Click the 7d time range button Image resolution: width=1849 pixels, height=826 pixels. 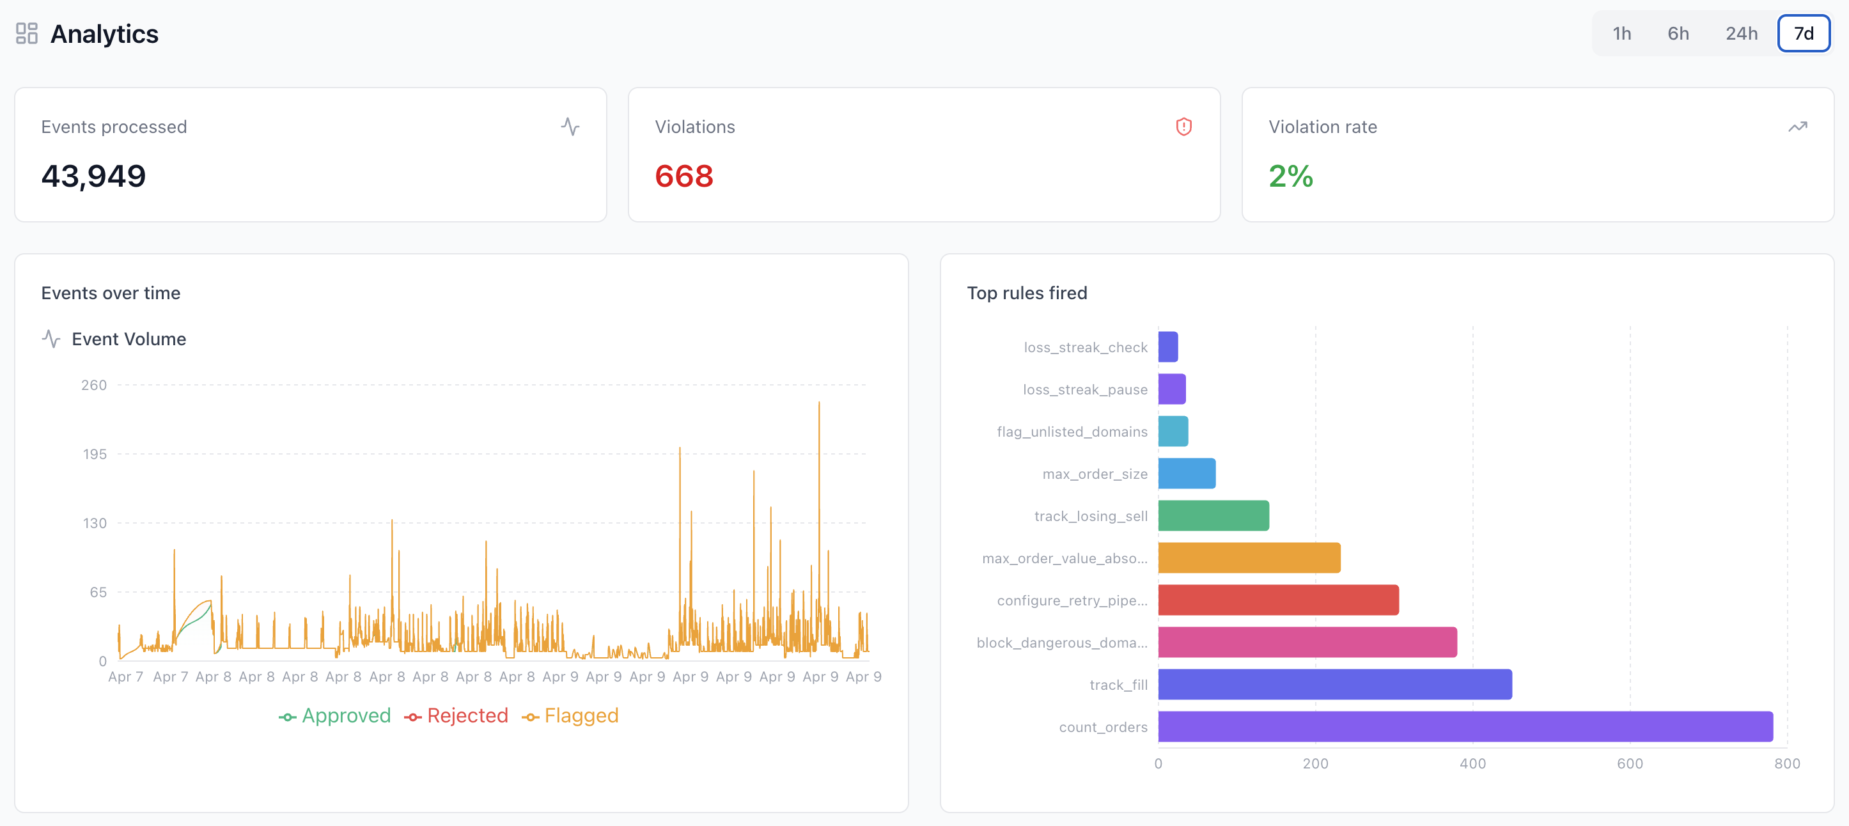coord(1802,34)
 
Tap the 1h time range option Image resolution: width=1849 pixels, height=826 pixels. coord(1621,34)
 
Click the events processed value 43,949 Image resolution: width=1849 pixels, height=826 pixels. coord(93,176)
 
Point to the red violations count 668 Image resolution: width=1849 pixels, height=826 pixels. coord(683,176)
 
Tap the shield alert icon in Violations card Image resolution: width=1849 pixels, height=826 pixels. coord(1183,127)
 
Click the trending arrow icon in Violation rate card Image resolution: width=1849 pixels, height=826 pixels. coord(1797,127)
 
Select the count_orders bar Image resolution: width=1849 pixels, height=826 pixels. coord(1464,726)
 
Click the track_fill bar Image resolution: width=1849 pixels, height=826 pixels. coord(1334,684)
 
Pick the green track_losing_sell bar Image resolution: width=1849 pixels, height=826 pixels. coord(1213,515)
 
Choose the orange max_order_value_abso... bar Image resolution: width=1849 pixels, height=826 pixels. coord(1249,557)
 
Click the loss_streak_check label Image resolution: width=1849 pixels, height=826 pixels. coord(1084,347)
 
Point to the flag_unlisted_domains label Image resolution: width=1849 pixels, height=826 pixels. coord(1072,432)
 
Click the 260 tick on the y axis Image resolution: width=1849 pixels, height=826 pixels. coord(94,386)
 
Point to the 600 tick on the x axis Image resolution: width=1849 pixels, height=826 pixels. coord(1629,763)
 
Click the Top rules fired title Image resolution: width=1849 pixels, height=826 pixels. coord(1026,293)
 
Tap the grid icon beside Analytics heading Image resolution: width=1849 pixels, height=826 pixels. coord(27,34)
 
